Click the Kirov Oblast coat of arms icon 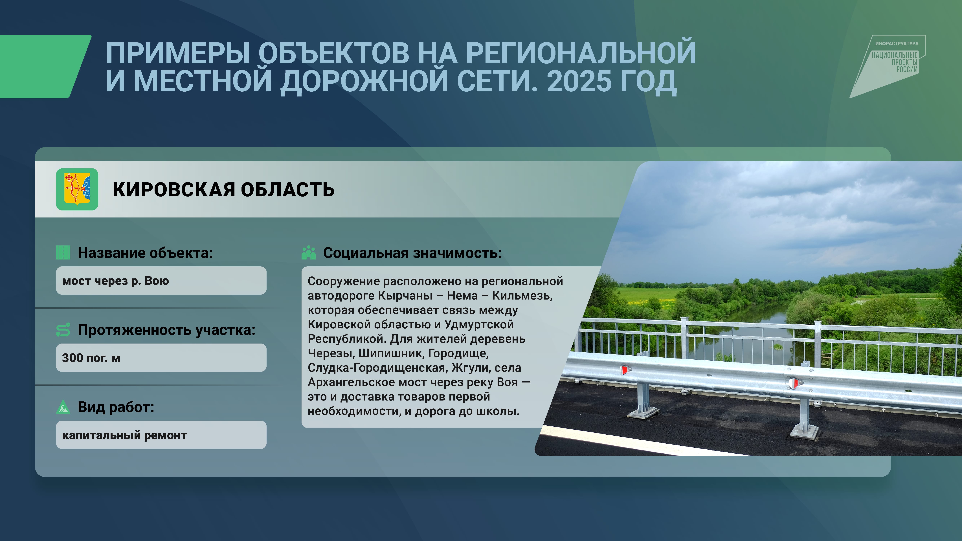pyautogui.click(x=77, y=189)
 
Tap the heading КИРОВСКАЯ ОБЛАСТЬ pyautogui.click(x=223, y=190)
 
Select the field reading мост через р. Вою pyautogui.click(x=161, y=280)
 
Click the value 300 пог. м pyautogui.click(x=91, y=358)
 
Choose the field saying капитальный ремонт pyautogui.click(x=161, y=435)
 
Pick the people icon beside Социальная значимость pyautogui.click(x=308, y=253)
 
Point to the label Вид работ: pyautogui.click(x=116, y=407)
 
